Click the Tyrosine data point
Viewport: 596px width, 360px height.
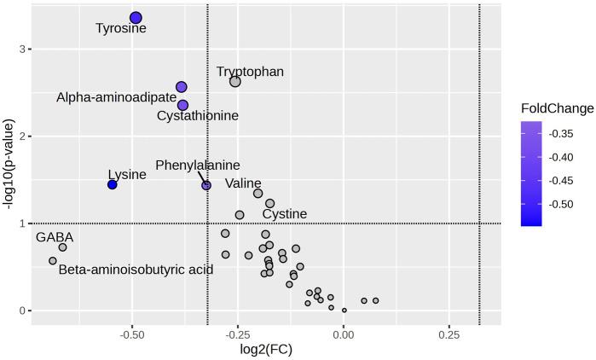[136, 18]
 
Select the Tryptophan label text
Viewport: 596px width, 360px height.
[250, 73]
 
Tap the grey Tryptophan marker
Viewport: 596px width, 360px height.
[235, 81]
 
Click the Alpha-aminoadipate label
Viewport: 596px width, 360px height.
[116, 98]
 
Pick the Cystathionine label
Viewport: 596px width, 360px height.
[198, 115]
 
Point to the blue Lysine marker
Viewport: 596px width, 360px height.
[112, 184]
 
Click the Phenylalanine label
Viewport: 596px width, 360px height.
[197, 165]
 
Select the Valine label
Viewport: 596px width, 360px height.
[243, 183]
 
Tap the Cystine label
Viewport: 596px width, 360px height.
[285, 213]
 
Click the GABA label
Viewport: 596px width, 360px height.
[55, 237]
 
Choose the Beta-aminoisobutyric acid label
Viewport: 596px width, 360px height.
[136, 270]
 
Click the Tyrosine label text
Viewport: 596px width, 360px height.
[120, 28]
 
